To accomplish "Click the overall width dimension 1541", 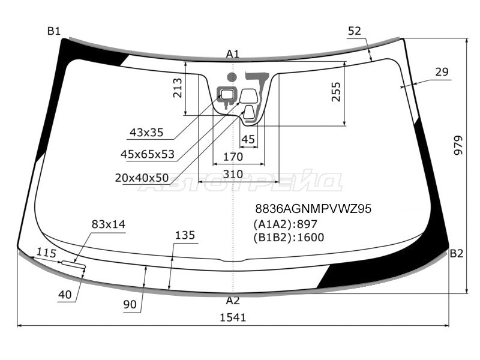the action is click(233, 317).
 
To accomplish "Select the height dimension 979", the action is click(458, 145).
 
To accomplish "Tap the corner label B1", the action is click(54, 31).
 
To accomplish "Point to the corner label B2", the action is click(457, 253).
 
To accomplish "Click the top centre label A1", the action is click(233, 54).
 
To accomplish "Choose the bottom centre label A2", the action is click(233, 301).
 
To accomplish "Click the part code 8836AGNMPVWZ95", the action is click(313, 209).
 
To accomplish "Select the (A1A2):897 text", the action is click(285, 224).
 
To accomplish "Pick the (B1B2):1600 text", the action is click(289, 237).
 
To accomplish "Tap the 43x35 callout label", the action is click(146, 133).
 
